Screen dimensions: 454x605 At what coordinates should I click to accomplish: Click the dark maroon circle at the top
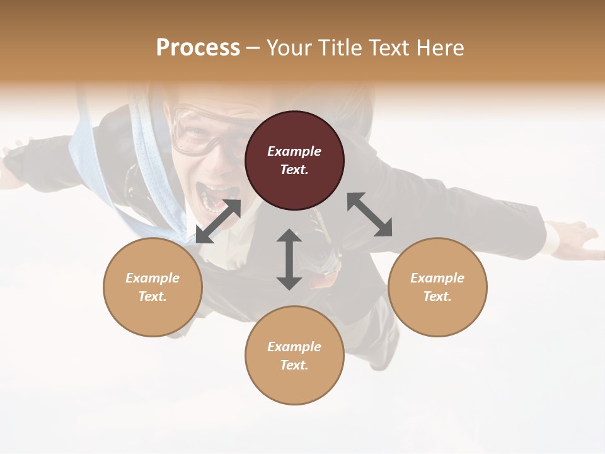[294, 160]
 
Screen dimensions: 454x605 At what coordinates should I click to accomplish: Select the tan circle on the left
[153, 287]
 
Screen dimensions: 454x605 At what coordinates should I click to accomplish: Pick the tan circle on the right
[437, 287]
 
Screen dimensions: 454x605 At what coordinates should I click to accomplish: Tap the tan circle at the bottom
[294, 356]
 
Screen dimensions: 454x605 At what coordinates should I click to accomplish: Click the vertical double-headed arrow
[289, 259]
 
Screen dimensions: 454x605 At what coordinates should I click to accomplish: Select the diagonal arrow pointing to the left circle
[218, 221]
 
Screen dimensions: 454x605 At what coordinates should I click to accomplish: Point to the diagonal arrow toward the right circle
[370, 214]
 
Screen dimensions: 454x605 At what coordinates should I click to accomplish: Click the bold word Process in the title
[198, 47]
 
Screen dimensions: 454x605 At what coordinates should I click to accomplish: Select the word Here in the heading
[441, 47]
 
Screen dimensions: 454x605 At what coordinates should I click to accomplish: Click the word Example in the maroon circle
[294, 151]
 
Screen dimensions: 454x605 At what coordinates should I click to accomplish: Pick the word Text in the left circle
[152, 296]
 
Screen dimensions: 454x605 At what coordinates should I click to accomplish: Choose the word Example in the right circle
[437, 278]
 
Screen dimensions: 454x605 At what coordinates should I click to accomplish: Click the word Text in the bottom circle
[294, 365]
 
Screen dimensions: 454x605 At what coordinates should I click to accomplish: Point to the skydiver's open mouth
[211, 195]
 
